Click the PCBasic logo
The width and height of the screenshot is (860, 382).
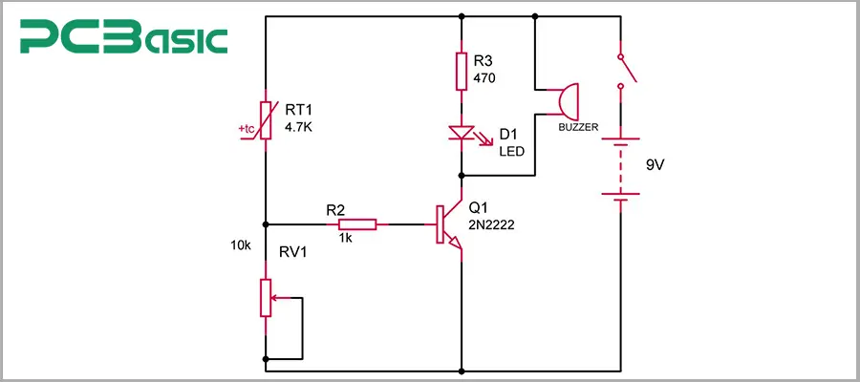pyautogui.click(x=125, y=39)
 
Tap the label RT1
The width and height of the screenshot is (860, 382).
pyautogui.click(x=299, y=111)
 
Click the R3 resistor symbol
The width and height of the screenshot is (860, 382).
pyautogui.click(x=462, y=70)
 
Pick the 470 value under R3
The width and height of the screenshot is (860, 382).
pyautogui.click(x=485, y=79)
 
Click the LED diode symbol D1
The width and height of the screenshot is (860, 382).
pyautogui.click(x=462, y=136)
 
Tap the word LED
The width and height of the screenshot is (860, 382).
pyautogui.click(x=511, y=151)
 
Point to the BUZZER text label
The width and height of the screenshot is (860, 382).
pyautogui.click(x=577, y=124)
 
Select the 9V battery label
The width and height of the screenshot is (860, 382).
pyautogui.click(x=655, y=164)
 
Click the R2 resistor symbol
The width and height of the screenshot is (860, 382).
pyautogui.click(x=356, y=224)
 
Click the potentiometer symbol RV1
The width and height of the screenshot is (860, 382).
pyautogui.click(x=265, y=298)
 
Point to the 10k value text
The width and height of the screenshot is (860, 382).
pyautogui.click(x=241, y=245)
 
